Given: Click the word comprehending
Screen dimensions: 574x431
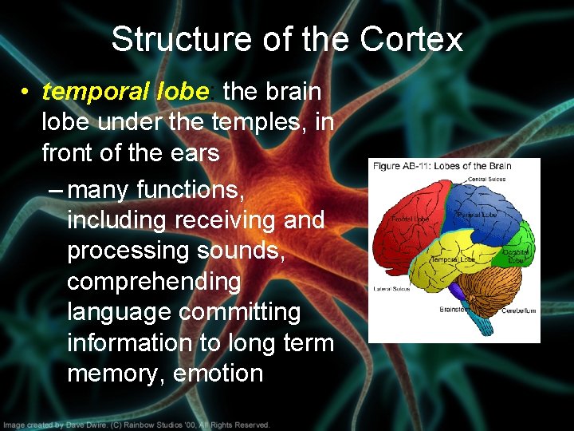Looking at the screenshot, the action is click(154, 281).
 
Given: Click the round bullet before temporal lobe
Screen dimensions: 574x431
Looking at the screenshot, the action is click(26, 93).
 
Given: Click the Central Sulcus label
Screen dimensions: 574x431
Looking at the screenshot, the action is click(488, 180).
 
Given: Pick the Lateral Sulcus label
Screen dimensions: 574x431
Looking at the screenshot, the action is click(391, 289).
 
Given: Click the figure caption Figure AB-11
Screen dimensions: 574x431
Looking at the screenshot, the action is click(396, 166).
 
